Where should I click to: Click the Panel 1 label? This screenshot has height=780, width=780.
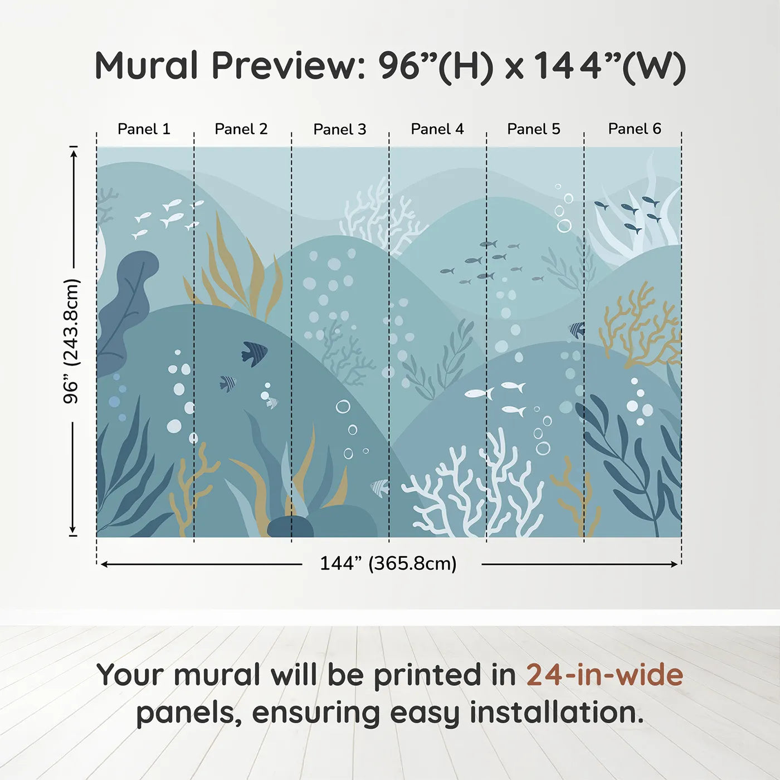[x=144, y=129]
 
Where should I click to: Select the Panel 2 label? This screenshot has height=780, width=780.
[x=241, y=129]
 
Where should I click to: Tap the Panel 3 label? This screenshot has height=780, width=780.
[x=340, y=130]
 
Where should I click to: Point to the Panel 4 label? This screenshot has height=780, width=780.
[x=437, y=129]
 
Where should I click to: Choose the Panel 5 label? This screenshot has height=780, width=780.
[x=534, y=129]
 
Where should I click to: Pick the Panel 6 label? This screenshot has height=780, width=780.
[x=635, y=129]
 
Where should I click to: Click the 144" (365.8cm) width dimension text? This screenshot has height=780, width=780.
[x=388, y=563]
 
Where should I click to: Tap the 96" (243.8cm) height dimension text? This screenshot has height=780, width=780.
[x=71, y=341]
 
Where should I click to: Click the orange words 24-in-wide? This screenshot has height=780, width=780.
[x=604, y=675]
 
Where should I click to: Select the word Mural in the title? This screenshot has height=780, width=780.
[x=147, y=66]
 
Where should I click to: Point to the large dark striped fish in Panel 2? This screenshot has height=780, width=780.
[x=254, y=353]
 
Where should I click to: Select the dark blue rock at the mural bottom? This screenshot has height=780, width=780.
[x=290, y=526]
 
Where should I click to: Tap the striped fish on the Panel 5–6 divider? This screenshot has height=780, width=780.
[x=578, y=330]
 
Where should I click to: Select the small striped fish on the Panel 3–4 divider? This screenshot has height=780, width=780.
[x=381, y=487]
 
